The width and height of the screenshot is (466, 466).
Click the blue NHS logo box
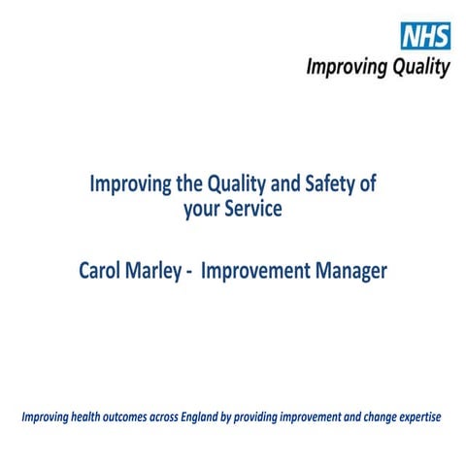pos(425,37)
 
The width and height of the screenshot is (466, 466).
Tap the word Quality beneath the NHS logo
pos(418,67)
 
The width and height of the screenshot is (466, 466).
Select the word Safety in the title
pos(318,183)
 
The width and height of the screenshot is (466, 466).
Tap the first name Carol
pos(102,271)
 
